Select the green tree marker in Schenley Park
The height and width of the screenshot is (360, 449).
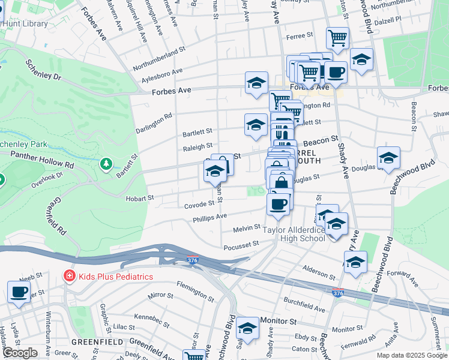106,163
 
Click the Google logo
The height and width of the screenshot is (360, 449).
19,352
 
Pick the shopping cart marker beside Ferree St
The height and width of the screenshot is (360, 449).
338,38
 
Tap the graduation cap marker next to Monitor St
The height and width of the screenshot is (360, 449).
247,328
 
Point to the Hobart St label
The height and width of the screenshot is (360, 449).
140,197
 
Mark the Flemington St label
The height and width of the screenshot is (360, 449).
195,293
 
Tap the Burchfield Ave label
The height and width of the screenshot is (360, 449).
305,308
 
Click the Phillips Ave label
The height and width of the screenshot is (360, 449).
209,217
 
